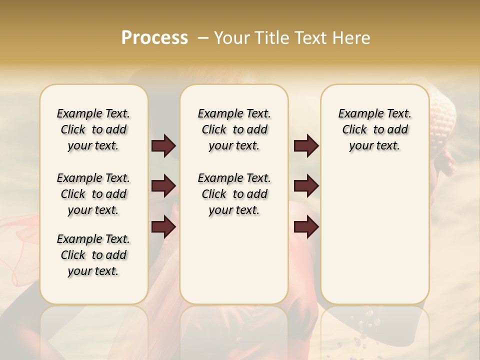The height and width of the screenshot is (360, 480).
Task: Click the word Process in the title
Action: pyautogui.click(x=154, y=38)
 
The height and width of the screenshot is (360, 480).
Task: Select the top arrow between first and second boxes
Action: pyautogui.click(x=163, y=146)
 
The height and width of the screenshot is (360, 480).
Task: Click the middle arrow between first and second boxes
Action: pyautogui.click(x=163, y=186)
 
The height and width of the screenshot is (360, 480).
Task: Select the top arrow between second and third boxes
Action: pyautogui.click(x=306, y=146)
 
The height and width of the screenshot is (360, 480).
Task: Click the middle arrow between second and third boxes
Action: pyautogui.click(x=306, y=186)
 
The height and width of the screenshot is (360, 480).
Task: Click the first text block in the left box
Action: pyautogui.click(x=93, y=129)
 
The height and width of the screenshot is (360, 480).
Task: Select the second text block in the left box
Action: pyautogui.click(x=93, y=194)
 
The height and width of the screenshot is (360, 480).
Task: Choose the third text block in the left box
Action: pyautogui.click(x=93, y=255)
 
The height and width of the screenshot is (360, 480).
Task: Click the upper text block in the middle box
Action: pyautogui.click(x=234, y=129)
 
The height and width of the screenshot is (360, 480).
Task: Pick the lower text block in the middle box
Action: pyautogui.click(x=234, y=194)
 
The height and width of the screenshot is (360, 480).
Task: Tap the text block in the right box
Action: pyautogui.click(x=374, y=129)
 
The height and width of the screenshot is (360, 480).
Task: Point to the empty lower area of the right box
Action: pyautogui.click(x=374, y=235)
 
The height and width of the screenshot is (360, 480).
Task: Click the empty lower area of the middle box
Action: pyautogui.click(x=234, y=260)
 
